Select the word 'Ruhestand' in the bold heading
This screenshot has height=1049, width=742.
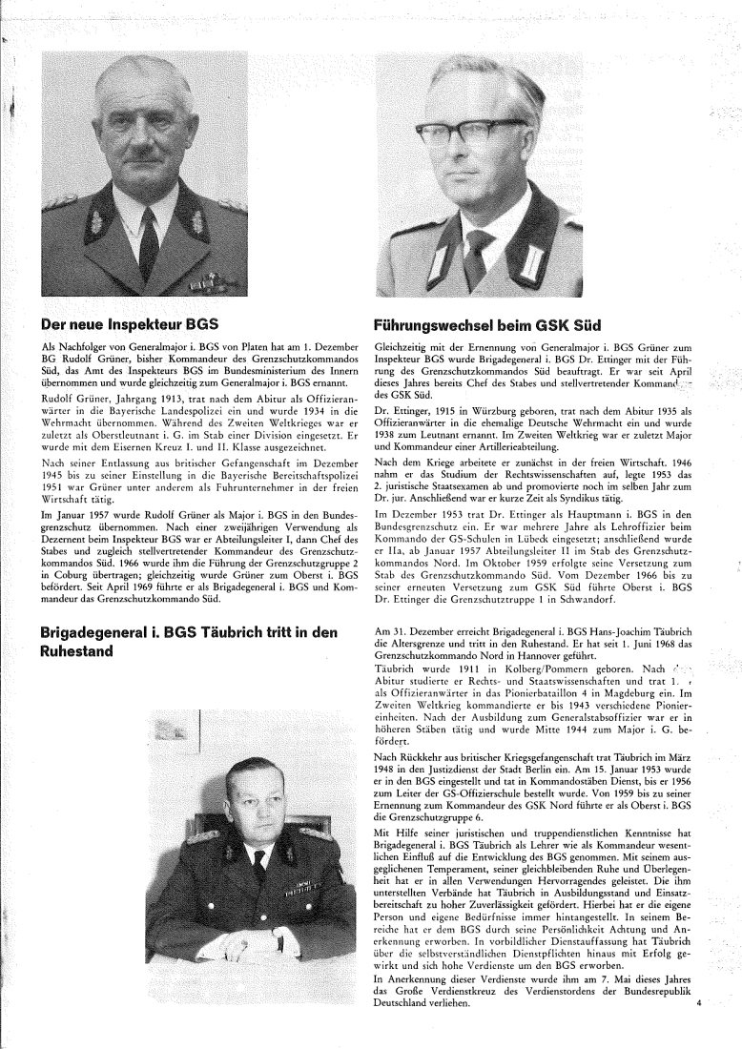click(x=82, y=652)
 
